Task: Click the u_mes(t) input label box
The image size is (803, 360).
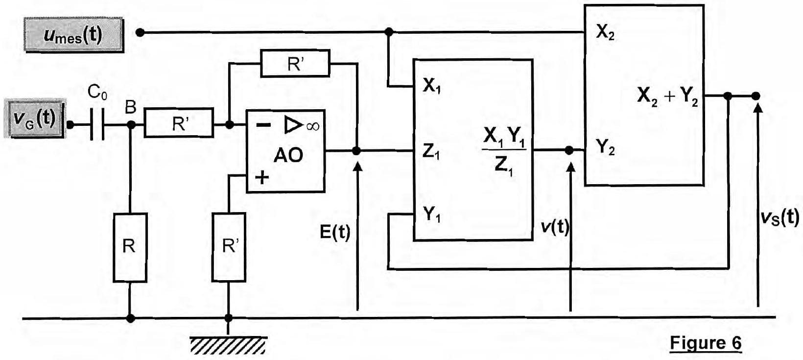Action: pos(74,36)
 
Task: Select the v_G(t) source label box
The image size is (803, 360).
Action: pos(35,119)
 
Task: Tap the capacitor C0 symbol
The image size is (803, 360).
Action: pos(97,125)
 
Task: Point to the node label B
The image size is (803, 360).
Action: pos(130,107)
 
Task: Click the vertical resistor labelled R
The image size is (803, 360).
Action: pos(130,247)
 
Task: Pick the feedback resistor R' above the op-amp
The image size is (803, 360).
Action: pos(295,64)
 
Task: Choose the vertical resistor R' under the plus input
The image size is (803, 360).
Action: pos(229,247)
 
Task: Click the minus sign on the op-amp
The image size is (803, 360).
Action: pos(264,125)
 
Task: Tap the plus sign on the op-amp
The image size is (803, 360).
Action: pos(262,177)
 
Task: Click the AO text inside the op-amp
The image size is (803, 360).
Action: pos(288,155)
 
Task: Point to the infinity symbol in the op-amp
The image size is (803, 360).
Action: pos(313,126)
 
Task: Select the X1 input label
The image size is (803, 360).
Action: pos(432,86)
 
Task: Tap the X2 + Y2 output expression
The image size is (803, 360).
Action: pos(667,96)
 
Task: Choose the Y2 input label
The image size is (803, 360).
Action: pos(605,147)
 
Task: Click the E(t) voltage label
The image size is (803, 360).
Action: pos(335,232)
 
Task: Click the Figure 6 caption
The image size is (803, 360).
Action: pos(706,343)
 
